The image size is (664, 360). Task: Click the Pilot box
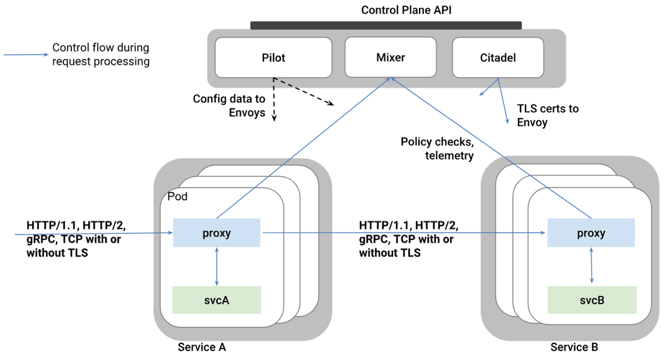coord(273,58)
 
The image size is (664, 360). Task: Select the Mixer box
coord(390,58)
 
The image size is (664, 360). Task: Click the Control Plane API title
coord(406,10)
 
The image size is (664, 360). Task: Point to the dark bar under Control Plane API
coord(386,26)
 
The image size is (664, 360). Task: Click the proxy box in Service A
coord(216,233)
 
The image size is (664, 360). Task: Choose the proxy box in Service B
coord(591,233)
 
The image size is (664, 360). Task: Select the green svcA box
coord(216,300)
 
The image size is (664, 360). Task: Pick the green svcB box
coord(592,300)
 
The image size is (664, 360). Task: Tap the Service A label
coord(202,347)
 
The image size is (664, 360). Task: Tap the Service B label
coord(574,347)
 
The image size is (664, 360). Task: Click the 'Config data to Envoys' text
coord(229,106)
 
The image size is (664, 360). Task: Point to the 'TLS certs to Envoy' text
coord(547,115)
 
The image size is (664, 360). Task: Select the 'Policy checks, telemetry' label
coord(437,149)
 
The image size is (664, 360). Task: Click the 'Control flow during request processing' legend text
coord(100,55)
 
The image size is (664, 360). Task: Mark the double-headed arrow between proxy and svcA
coord(216,266)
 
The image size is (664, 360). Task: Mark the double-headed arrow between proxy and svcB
coord(592,266)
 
